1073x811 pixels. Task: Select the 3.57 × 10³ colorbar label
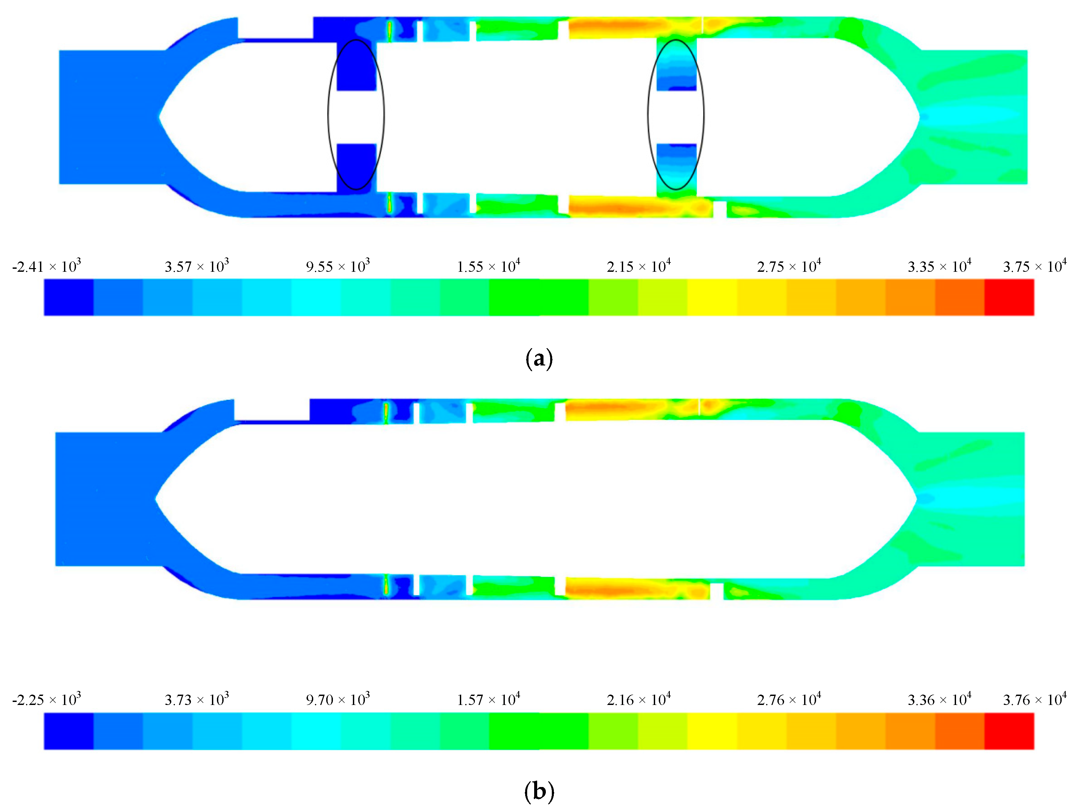[197, 266]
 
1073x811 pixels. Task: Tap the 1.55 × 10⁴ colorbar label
[489, 266]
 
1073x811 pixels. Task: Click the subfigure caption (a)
[539, 359]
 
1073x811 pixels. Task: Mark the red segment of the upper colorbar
[1009, 297]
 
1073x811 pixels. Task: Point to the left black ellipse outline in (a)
[329, 114]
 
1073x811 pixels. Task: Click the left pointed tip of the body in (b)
[156, 499]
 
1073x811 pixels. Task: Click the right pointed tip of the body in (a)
[918, 116]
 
